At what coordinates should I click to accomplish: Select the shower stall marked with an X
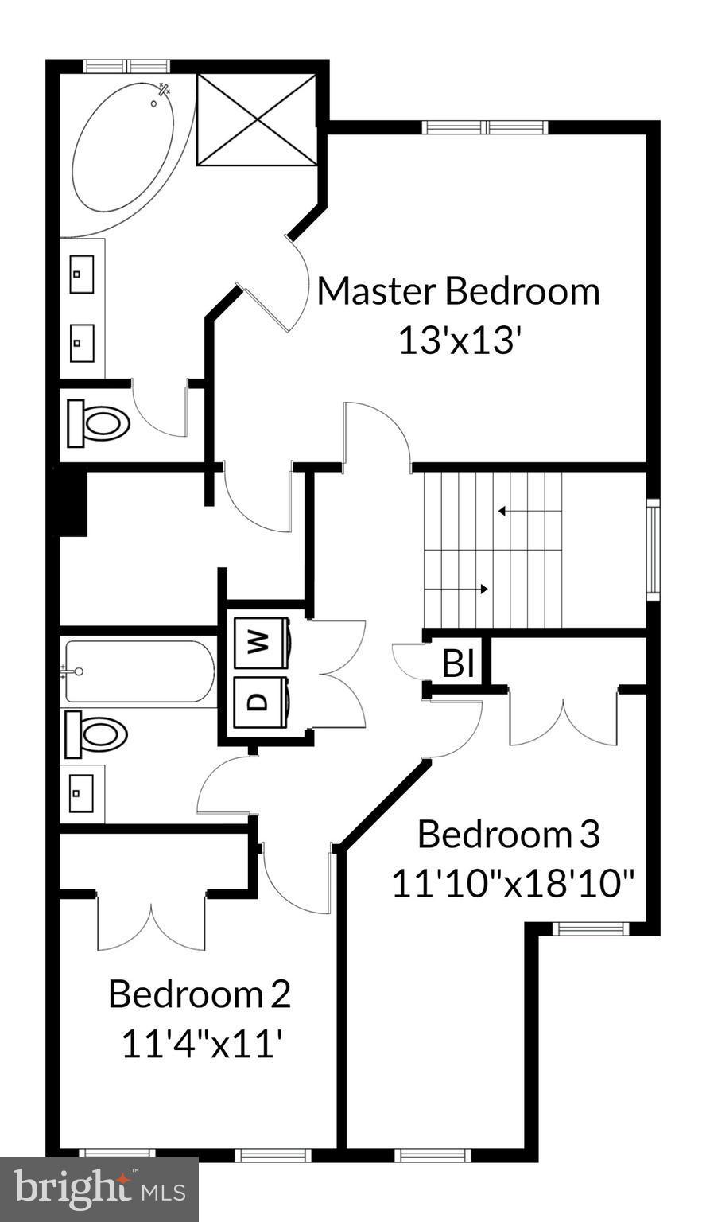point(257,120)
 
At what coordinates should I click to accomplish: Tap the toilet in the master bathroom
point(99,422)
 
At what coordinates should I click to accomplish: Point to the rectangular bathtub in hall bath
point(139,671)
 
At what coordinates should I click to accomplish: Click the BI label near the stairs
point(458,664)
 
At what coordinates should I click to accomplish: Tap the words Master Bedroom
point(458,291)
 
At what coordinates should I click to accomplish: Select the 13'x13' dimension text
point(459,341)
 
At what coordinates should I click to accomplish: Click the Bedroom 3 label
point(508,835)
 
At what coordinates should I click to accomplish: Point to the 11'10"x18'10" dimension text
point(514,884)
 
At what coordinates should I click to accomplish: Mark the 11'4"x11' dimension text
point(202,1044)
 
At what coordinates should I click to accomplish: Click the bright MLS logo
point(99,1190)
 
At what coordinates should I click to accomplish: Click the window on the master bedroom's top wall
point(484,127)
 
